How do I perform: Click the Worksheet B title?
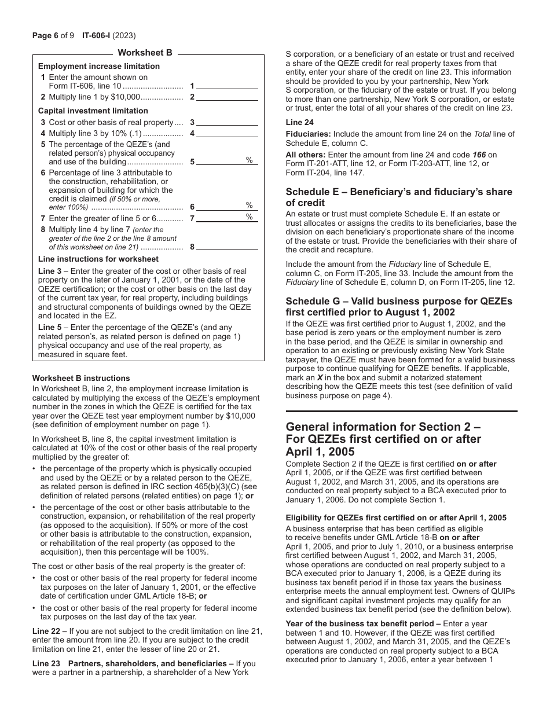tap(145, 53)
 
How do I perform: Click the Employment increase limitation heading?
tap(98, 66)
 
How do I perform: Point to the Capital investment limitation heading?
tap(93, 111)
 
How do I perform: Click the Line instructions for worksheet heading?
tap(98, 259)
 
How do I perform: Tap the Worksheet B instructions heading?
tap(81, 378)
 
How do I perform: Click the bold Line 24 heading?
tap(299, 122)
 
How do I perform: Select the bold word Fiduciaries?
tap(309, 134)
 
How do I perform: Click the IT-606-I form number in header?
tap(85, 35)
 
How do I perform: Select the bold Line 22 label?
tap(49, 631)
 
